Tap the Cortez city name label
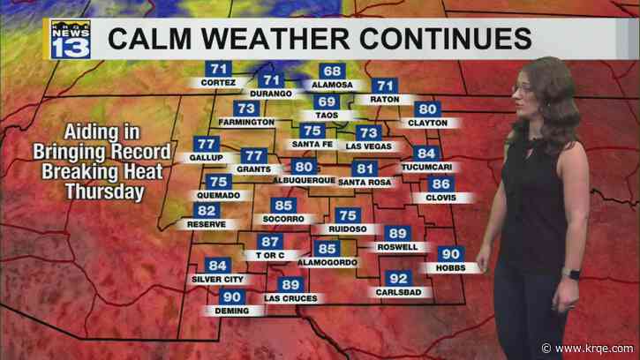212,83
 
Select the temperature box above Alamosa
333,71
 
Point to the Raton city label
384,100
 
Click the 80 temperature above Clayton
428,109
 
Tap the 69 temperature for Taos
327,103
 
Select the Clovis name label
440,198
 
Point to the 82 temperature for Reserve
207,210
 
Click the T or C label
268,255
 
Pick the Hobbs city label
450,266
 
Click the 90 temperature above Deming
231,297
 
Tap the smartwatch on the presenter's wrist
575,274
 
